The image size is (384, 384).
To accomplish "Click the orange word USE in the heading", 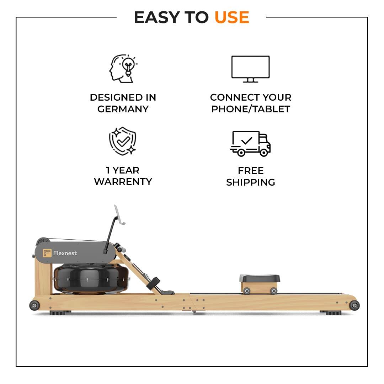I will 232,17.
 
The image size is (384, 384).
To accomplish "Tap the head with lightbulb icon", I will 123,69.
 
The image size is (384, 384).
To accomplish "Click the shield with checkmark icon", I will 123,141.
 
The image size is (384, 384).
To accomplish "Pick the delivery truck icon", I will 250,143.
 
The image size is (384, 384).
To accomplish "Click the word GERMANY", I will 123,109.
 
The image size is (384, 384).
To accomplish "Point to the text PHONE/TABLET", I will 251,109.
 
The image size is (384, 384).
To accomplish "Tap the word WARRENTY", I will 123,182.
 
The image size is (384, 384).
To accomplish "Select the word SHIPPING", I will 251,182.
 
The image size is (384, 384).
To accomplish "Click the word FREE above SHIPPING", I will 251,171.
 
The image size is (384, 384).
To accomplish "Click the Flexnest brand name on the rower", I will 65,253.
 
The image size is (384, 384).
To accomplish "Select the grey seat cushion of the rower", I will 260,278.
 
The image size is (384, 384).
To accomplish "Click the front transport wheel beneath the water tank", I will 34,305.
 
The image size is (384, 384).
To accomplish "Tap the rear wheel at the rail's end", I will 354,305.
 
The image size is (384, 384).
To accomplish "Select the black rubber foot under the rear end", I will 331,313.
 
